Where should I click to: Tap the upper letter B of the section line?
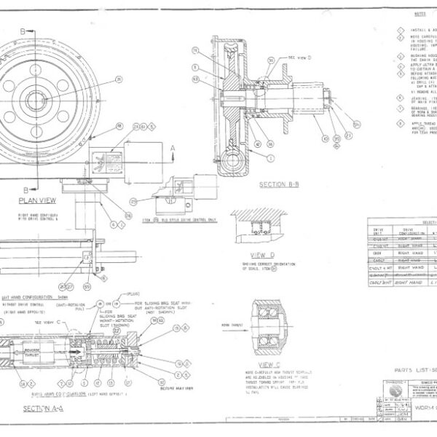tap(27, 31)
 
